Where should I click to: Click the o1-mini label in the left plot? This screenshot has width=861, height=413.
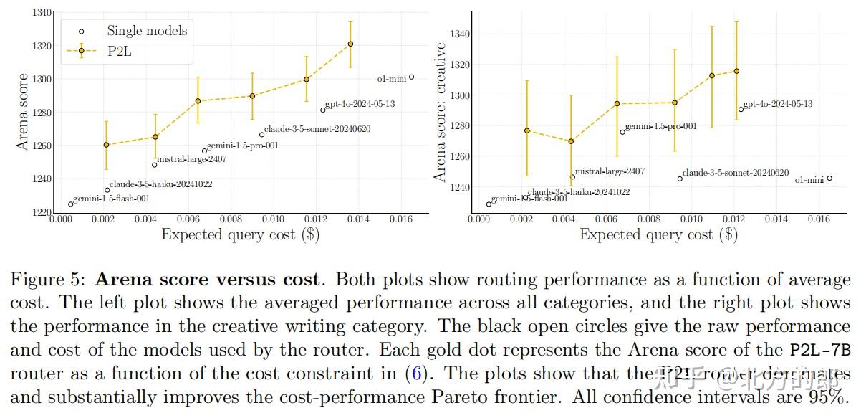391,79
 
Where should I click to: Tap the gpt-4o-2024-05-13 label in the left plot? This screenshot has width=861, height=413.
360,104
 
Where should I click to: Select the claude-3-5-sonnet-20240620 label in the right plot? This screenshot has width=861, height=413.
735,173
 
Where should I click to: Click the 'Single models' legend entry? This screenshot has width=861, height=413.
147,31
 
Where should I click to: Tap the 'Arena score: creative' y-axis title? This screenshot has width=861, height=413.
441,111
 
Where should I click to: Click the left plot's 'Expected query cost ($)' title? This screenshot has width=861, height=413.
240,234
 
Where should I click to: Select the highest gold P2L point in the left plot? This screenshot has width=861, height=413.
350,44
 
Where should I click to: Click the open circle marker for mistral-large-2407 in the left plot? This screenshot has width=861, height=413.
154,165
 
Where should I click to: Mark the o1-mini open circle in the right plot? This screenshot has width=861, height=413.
829,179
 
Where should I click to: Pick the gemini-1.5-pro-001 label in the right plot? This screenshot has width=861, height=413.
660,127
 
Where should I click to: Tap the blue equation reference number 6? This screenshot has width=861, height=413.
413,374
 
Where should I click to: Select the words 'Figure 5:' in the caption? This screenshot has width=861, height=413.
45,280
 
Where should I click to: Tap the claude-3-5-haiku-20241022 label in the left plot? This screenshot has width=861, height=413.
160,184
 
